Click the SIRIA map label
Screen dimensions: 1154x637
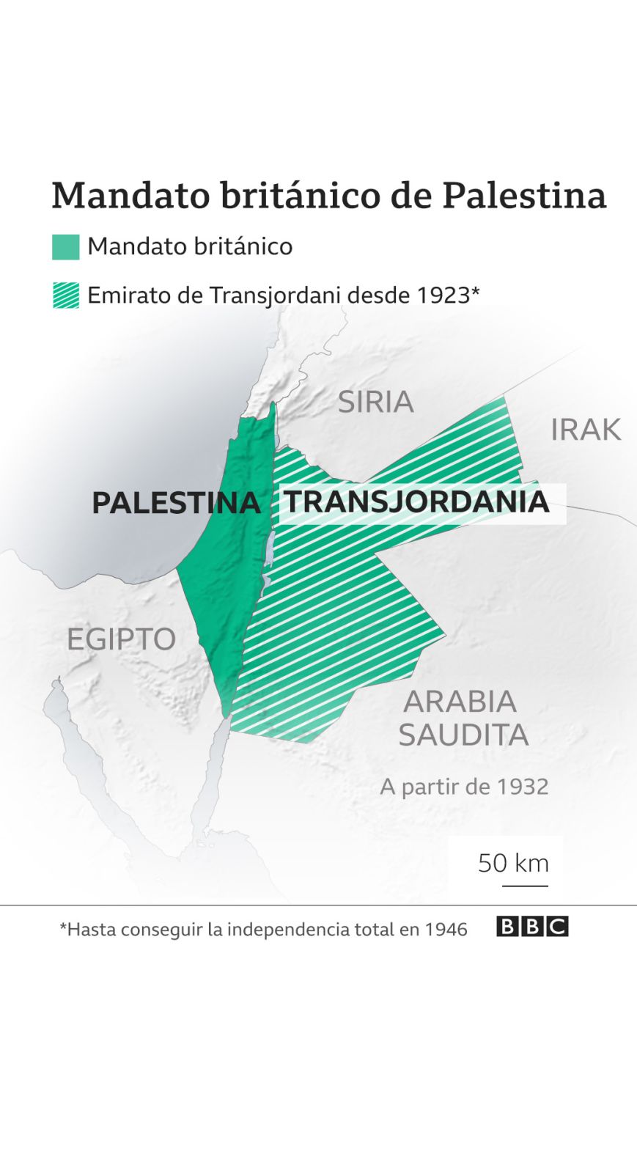(375, 402)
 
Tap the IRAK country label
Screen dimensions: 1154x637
(585, 430)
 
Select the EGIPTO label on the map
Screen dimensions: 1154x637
(121, 639)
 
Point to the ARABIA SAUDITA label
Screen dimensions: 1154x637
(463, 718)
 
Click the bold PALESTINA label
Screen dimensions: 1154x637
(176, 503)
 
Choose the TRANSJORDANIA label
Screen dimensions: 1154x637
(416, 502)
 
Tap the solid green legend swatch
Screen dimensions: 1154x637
(66, 247)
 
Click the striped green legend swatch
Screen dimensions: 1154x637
(66, 295)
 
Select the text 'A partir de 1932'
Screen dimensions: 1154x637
(464, 787)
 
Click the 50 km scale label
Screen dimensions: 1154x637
(513, 863)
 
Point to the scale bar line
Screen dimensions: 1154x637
(525, 886)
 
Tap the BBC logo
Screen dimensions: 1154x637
(532, 927)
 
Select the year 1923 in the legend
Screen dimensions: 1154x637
(443, 295)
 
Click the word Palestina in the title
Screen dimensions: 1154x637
(524, 196)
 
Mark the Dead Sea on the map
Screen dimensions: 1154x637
(269, 548)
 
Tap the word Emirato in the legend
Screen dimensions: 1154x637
(120, 295)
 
